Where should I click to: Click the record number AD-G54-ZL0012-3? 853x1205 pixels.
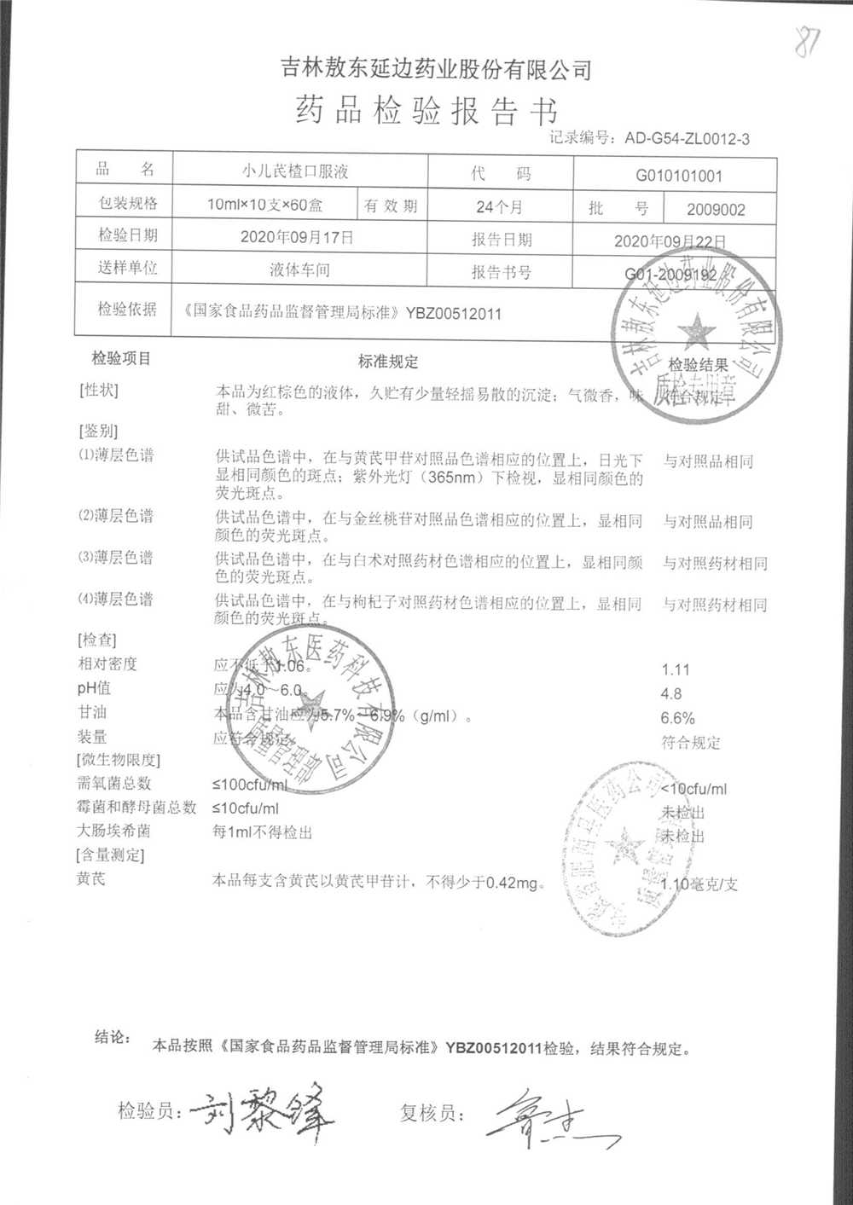tap(687, 138)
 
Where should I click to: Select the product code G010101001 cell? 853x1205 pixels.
tap(678, 177)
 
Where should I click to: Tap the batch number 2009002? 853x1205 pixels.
tap(716, 210)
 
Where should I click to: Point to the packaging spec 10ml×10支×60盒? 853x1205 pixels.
tap(270, 206)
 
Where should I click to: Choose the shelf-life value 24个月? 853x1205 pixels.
tap(499, 207)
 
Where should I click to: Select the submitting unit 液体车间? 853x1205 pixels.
tap(299, 270)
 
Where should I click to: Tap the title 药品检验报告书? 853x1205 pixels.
tap(426, 112)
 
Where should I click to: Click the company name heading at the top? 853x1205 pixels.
tap(436, 68)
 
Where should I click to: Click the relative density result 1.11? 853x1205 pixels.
tap(675, 670)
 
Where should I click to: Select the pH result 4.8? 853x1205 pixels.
tap(671, 694)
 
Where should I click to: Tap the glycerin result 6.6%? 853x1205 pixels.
tap(677, 719)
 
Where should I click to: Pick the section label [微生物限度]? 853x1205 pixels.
tap(119, 760)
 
